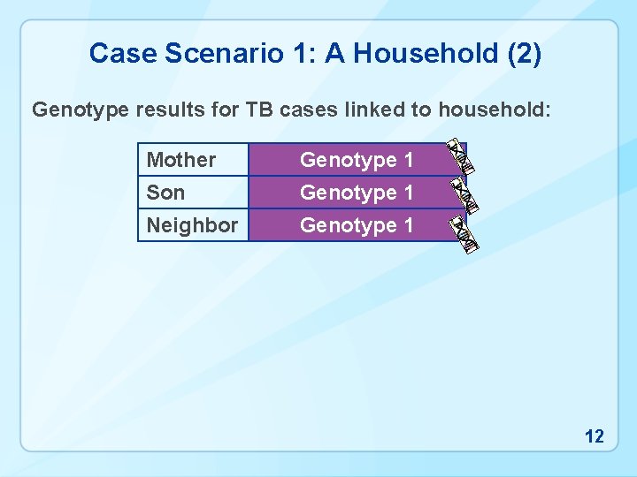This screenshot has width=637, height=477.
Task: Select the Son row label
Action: pyautogui.click(x=166, y=192)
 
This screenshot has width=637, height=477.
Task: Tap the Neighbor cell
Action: pyautogui.click(x=192, y=225)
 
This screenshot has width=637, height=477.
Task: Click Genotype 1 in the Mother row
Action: pyautogui.click(x=357, y=160)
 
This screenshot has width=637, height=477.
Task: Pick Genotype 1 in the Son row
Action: pyautogui.click(x=357, y=192)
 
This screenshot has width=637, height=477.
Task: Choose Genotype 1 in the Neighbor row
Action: pyautogui.click(x=357, y=225)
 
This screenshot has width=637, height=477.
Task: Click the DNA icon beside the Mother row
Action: pyautogui.click(x=460, y=155)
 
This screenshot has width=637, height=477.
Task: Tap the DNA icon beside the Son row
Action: pyautogui.click(x=464, y=195)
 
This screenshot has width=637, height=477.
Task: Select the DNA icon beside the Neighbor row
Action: pyautogui.click(x=464, y=232)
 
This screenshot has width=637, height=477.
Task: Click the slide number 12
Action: pyautogui.click(x=595, y=435)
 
